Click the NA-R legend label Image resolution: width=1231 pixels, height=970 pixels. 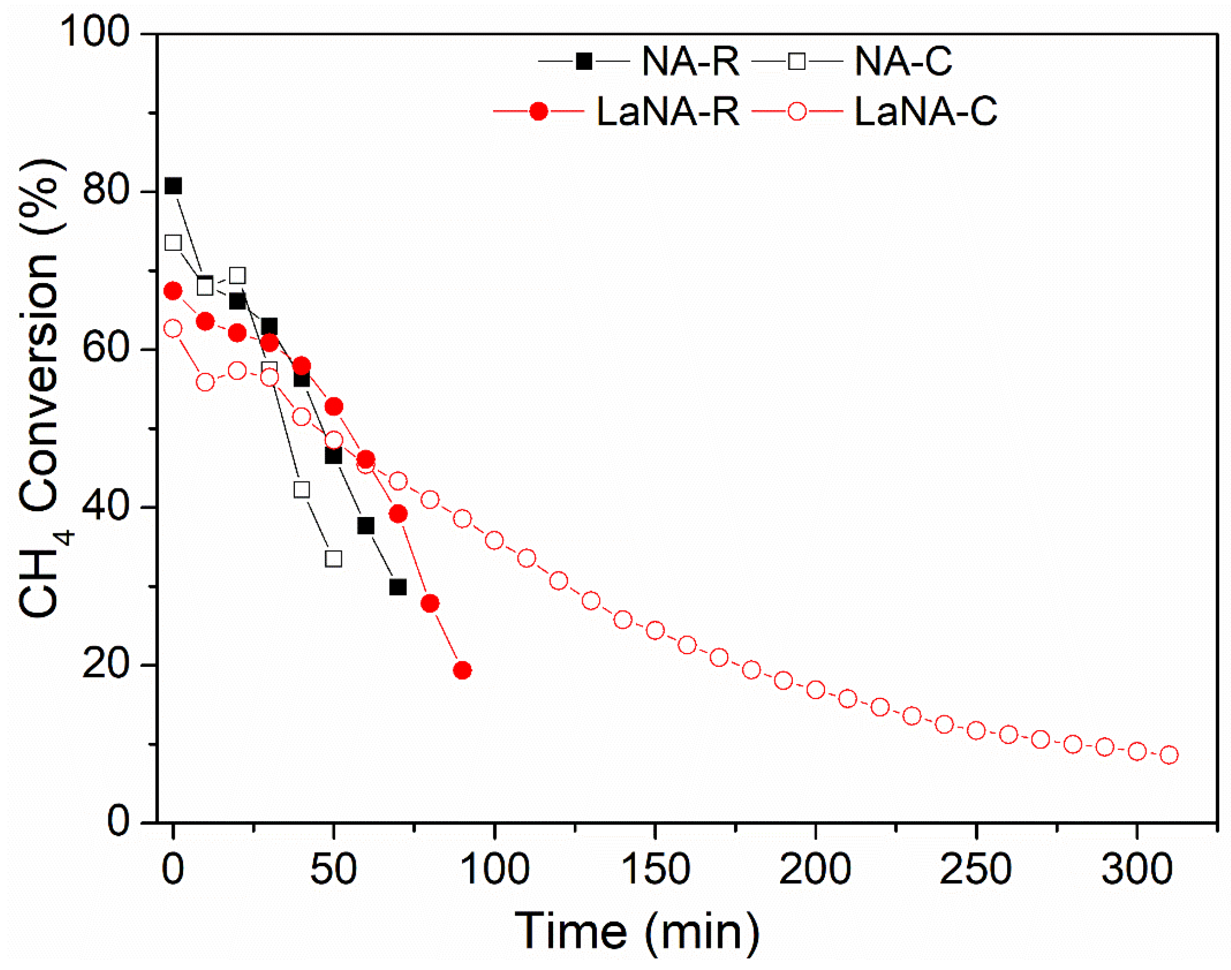pos(690,61)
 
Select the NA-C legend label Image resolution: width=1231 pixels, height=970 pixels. pos(903,61)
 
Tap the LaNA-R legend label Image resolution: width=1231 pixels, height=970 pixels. pos(668,111)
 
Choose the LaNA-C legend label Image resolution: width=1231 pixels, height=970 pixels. pos(926,111)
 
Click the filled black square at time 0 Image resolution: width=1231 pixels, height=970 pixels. pos(173,186)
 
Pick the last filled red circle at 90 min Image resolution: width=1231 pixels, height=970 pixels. pos(462,670)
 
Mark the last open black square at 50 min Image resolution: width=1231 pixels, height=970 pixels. pos(334,559)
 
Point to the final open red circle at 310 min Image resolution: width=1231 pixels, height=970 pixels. pos(1169,755)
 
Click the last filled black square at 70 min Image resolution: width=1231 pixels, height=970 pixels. pos(398,587)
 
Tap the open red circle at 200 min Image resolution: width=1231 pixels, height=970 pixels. pos(816,690)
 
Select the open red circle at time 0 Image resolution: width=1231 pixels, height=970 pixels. pos(173,328)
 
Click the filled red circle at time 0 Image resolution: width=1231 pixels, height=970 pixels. pos(173,291)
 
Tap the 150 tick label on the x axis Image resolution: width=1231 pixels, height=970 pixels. pos(656,868)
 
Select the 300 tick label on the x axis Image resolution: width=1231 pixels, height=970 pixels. pos(1137,868)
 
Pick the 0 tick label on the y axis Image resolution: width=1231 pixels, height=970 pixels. pos(119,821)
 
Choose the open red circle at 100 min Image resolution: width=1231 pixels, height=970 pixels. pos(494,540)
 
